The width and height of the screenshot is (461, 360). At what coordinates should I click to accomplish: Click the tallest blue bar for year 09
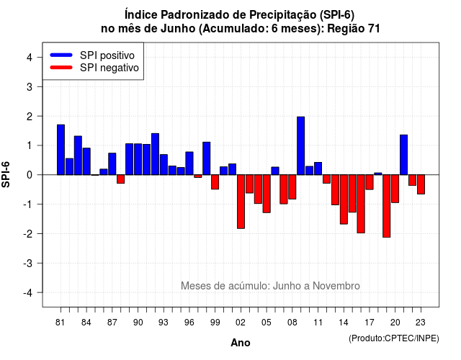coord(301,145)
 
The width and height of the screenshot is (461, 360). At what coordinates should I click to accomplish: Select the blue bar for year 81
coord(61,150)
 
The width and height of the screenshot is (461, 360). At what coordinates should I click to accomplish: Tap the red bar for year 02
coord(241,202)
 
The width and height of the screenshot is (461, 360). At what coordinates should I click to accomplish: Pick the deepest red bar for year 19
coord(387,206)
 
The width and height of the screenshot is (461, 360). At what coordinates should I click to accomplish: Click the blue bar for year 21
coord(403,155)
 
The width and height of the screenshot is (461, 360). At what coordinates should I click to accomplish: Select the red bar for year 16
coord(361,204)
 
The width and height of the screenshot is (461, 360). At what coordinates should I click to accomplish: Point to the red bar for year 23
coord(421,184)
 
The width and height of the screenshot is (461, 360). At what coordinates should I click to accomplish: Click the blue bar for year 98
coord(207,158)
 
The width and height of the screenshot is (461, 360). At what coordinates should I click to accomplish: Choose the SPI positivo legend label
coord(107,55)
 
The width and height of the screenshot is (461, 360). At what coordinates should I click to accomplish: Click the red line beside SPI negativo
coord(61,68)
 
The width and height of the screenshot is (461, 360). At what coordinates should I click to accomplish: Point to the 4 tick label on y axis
coord(30,58)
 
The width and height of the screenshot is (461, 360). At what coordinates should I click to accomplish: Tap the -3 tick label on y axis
coord(28,264)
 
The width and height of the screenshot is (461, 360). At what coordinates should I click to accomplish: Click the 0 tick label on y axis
coord(30,175)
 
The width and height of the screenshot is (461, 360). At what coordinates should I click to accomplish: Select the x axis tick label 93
coord(164,323)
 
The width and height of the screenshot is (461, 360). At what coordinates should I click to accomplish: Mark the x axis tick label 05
coord(267,323)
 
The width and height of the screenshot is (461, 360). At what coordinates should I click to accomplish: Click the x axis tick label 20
coord(395,323)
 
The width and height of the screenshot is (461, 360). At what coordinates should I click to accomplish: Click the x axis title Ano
coord(241,343)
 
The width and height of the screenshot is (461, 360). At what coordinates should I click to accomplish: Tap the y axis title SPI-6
coord(6,174)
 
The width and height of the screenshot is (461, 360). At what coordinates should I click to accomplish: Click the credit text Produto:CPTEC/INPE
coord(394,338)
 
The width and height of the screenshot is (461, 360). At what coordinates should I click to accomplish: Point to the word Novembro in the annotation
coord(336,286)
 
